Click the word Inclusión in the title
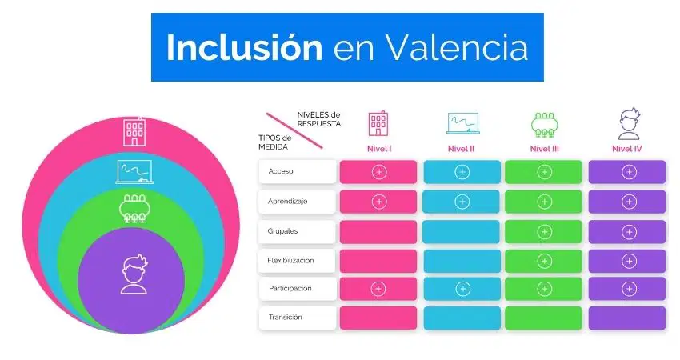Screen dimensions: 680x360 coord(245,46)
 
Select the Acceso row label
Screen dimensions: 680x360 coord(281,171)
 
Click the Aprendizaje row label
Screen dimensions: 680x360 coord(287,202)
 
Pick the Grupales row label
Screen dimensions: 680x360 coord(282,231)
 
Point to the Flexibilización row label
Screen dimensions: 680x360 coord(290,261)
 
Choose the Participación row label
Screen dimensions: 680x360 coord(290,289)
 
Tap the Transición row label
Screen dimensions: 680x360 coord(285,318)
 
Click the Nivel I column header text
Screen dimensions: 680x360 coord(379,149)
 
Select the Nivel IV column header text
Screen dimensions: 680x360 coord(626,149)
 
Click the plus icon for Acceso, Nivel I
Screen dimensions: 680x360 coord(379,172)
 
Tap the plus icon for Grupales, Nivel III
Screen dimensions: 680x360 coord(544,232)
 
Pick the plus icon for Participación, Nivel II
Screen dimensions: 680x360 coord(462,289)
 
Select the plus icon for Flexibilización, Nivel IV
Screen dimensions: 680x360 coord(629,261)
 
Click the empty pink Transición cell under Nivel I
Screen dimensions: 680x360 coord(378,318)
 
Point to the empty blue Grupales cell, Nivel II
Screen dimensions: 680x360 coord(462,232)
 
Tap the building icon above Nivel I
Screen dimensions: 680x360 coord(378,124)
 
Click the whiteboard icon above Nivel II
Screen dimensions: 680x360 coord(462,123)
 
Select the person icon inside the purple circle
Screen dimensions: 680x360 coord(134,274)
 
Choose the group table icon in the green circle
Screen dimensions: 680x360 coord(134,209)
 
